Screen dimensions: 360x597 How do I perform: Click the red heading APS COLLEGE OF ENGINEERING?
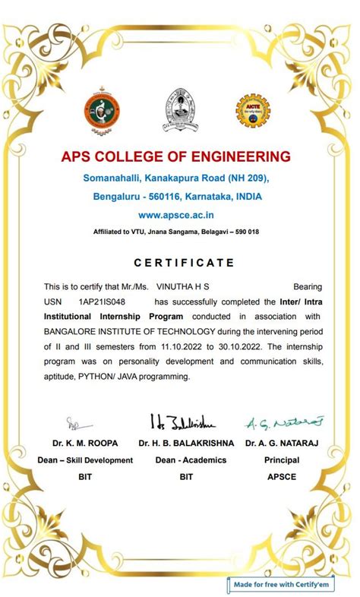pos(176,157)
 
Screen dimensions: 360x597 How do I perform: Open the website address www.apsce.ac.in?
pos(175,216)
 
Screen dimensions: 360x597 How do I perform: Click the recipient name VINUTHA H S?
pos(182,286)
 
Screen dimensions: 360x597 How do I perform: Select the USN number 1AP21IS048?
pos(102,302)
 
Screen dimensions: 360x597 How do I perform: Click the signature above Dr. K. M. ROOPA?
pos(77,423)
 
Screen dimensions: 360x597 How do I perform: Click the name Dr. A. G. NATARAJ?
pos(282,442)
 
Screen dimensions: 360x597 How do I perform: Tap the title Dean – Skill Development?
pos(85,460)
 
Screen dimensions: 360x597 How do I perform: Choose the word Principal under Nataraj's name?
pos(282,460)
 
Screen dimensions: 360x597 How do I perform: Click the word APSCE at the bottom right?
pos(282,477)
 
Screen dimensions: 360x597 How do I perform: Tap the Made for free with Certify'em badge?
pos(292,584)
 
